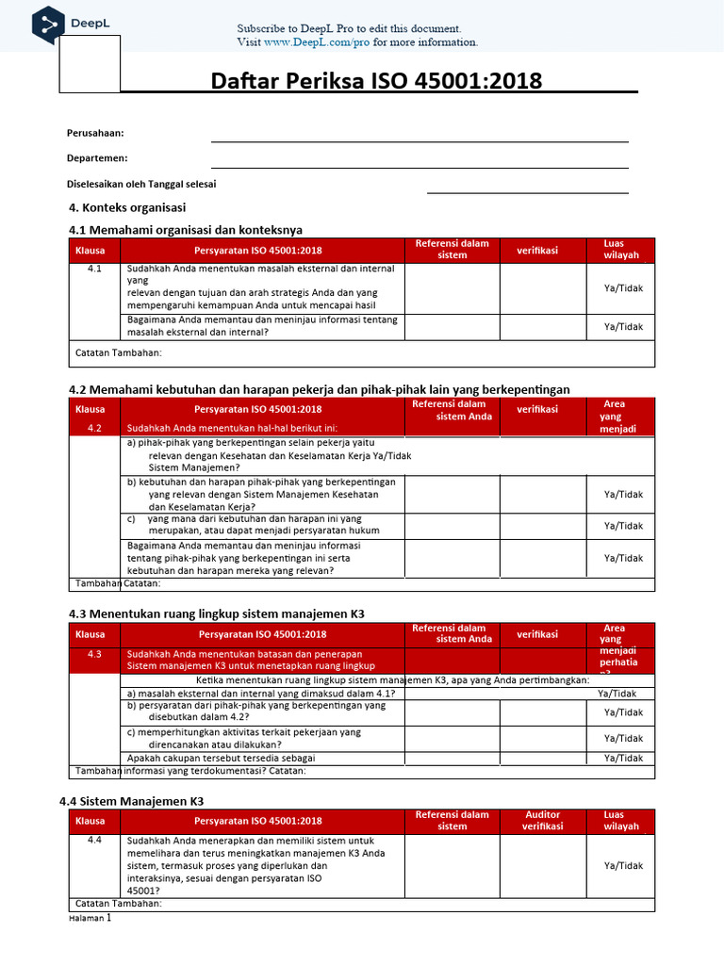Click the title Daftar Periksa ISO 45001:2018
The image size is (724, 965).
pyautogui.click(x=377, y=81)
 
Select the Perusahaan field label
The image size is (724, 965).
pyautogui.click(x=95, y=133)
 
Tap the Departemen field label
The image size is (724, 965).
pyautogui.click(x=97, y=158)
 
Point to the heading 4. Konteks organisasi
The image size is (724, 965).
pyautogui.click(x=128, y=207)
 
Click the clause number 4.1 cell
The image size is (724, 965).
pyautogui.click(x=94, y=270)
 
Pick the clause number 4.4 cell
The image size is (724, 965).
pyautogui.click(x=94, y=841)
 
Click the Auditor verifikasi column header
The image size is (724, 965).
pyautogui.click(x=542, y=820)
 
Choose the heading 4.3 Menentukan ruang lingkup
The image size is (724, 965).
pyautogui.click(x=217, y=613)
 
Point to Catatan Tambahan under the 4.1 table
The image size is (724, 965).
pyautogui.click(x=118, y=352)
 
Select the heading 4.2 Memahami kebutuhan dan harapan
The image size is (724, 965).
pyautogui.click(x=320, y=389)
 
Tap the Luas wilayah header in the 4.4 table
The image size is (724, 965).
pyautogui.click(x=620, y=820)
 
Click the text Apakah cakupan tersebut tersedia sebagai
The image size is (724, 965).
pyautogui.click(x=221, y=758)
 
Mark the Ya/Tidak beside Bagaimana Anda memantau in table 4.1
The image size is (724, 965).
pyautogui.click(x=623, y=326)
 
